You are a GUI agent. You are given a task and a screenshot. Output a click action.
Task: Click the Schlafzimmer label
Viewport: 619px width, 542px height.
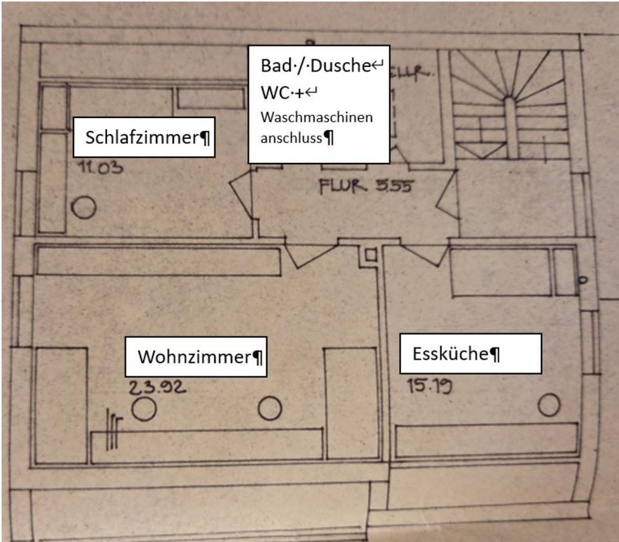(x=144, y=137)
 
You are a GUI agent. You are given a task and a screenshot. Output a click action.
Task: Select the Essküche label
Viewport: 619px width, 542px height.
(x=451, y=353)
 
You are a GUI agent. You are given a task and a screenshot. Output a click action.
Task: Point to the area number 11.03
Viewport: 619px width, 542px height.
(x=100, y=169)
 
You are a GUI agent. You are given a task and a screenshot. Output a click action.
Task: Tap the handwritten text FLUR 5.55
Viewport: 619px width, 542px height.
(x=365, y=187)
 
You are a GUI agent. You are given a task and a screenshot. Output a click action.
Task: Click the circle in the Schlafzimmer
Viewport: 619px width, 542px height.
(x=84, y=208)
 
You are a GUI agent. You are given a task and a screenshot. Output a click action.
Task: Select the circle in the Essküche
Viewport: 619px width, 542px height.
(x=549, y=405)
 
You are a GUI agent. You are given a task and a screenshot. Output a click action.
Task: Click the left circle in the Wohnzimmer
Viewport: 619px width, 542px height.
(x=144, y=409)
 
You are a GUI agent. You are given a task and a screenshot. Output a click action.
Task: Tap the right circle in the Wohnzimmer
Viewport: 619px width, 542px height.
(x=270, y=408)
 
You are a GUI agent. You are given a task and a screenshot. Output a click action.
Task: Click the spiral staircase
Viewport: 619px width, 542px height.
(x=509, y=106)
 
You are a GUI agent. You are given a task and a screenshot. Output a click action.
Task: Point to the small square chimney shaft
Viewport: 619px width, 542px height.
(x=371, y=254)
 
